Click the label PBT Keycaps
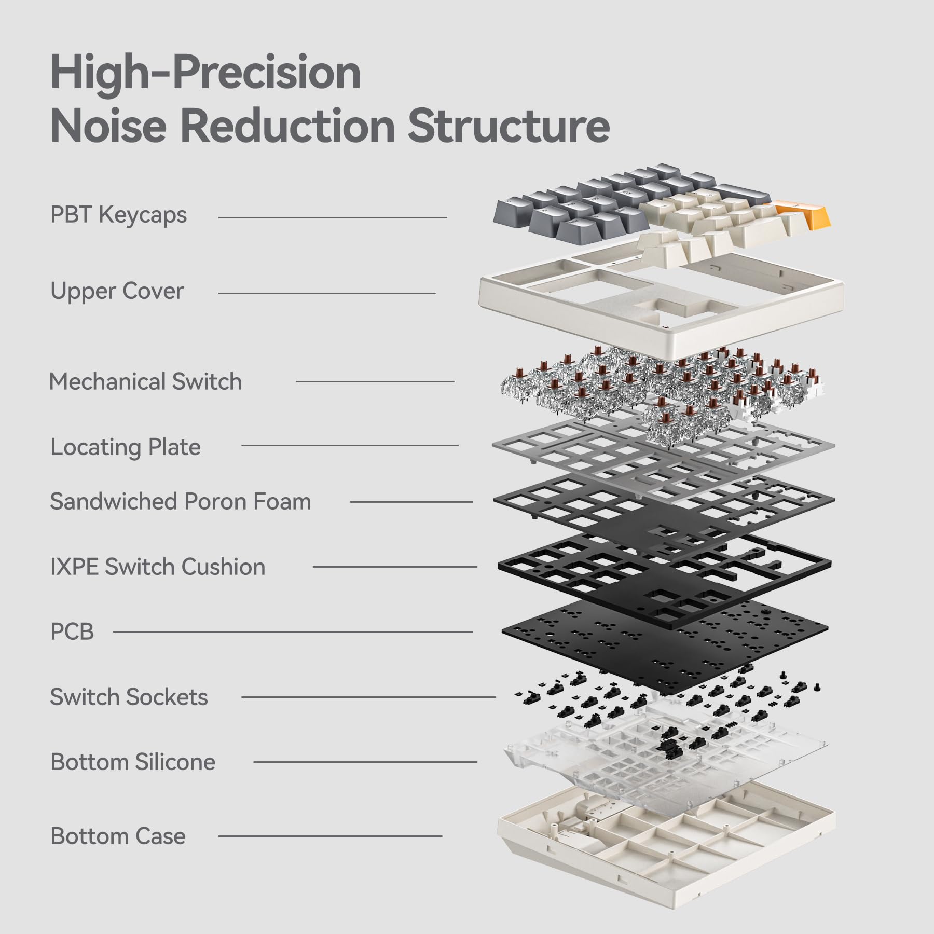click(118, 215)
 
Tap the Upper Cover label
click(117, 291)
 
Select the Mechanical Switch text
click(145, 381)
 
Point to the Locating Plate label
click(125, 447)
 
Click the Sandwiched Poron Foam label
click(180, 502)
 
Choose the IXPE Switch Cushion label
click(157, 567)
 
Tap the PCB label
click(72, 631)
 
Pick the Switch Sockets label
click(129, 697)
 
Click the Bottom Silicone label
click(133, 762)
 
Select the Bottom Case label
click(118, 836)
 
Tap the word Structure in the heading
click(508, 126)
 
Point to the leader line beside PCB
click(293, 631)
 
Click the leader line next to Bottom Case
click(330, 836)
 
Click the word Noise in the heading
click(108, 126)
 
